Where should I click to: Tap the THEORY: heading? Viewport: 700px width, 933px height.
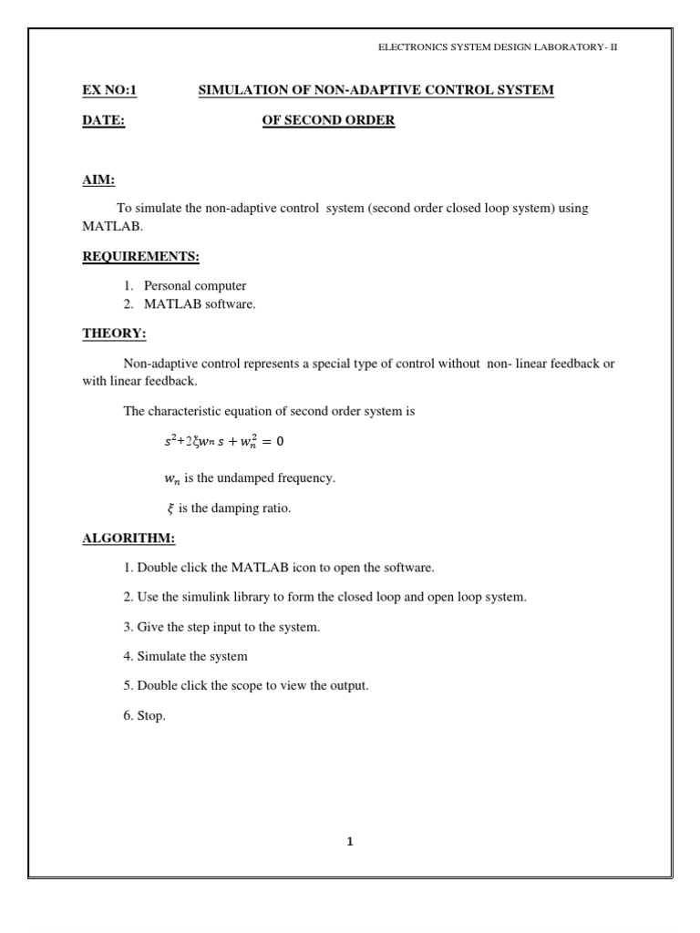[114, 333]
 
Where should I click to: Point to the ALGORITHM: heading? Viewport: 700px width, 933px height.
[129, 538]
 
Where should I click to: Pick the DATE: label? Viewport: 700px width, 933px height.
[103, 120]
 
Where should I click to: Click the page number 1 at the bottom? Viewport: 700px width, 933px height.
[349, 841]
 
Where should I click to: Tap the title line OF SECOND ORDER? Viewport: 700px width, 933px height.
[328, 120]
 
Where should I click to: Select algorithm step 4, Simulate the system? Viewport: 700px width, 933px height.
[185, 656]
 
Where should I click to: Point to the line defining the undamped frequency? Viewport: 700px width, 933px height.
[235, 477]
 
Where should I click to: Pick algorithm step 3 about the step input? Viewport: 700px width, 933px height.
[221, 627]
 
